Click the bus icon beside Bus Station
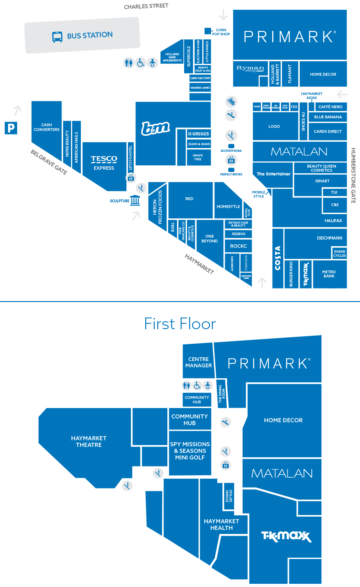pyautogui.click(x=57, y=37)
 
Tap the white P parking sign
pyautogui.click(x=11, y=128)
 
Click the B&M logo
pyautogui.click(x=155, y=128)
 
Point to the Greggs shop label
pyautogui.click(x=199, y=134)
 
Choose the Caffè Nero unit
pyautogui.click(x=330, y=107)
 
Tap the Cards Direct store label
pyautogui.click(x=327, y=131)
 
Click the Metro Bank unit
pyautogui.click(x=329, y=274)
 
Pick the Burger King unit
pyautogui.click(x=291, y=274)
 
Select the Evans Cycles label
pyautogui.click(x=339, y=254)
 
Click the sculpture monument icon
pyautogui.click(x=135, y=200)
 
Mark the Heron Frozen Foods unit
pyautogui.click(x=157, y=207)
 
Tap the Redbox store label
pyautogui.click(x=238, y=234)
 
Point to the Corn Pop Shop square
pyautogui.click(x=207, y=31)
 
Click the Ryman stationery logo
pyautogui.click(x=250, y=68)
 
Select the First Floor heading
pyautogui.click(x=180, y=324)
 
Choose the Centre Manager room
pyautogui.click(x=198, y=362)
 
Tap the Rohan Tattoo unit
pyautogui.click(x=229, y=496)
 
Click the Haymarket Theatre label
pyautogui.click(x=89, y=442)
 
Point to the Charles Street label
pyautogui.click(x=146, y=6)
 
